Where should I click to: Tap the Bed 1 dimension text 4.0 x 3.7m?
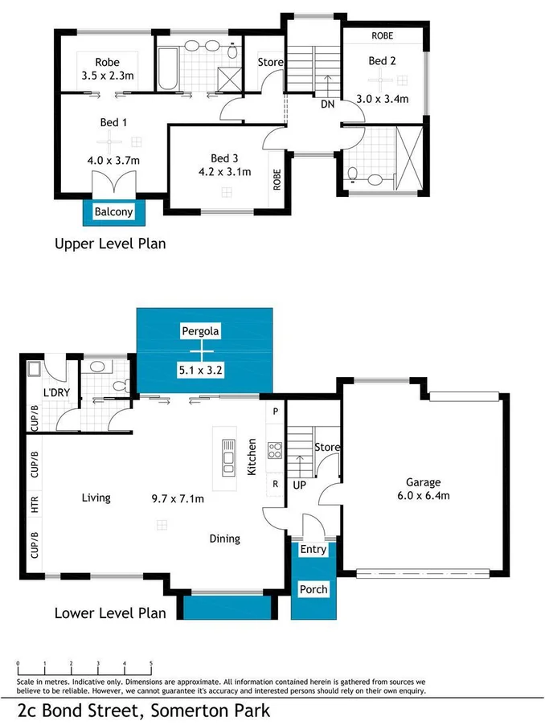(113, 160)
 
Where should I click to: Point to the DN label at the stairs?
(328, 104)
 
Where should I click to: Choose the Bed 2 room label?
(383, 60)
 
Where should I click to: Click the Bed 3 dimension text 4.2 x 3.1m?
(225, 171)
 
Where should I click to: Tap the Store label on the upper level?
(270, 62)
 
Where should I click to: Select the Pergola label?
(200, 330)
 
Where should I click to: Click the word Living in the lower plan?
(96, 498)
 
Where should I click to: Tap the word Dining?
(224, 539)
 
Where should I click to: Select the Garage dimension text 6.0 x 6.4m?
(423, 496)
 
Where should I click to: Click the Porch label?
(313, 589)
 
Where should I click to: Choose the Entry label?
(313, 550)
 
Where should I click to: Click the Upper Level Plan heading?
(109, 243)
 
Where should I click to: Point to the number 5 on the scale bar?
(151, 664)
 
